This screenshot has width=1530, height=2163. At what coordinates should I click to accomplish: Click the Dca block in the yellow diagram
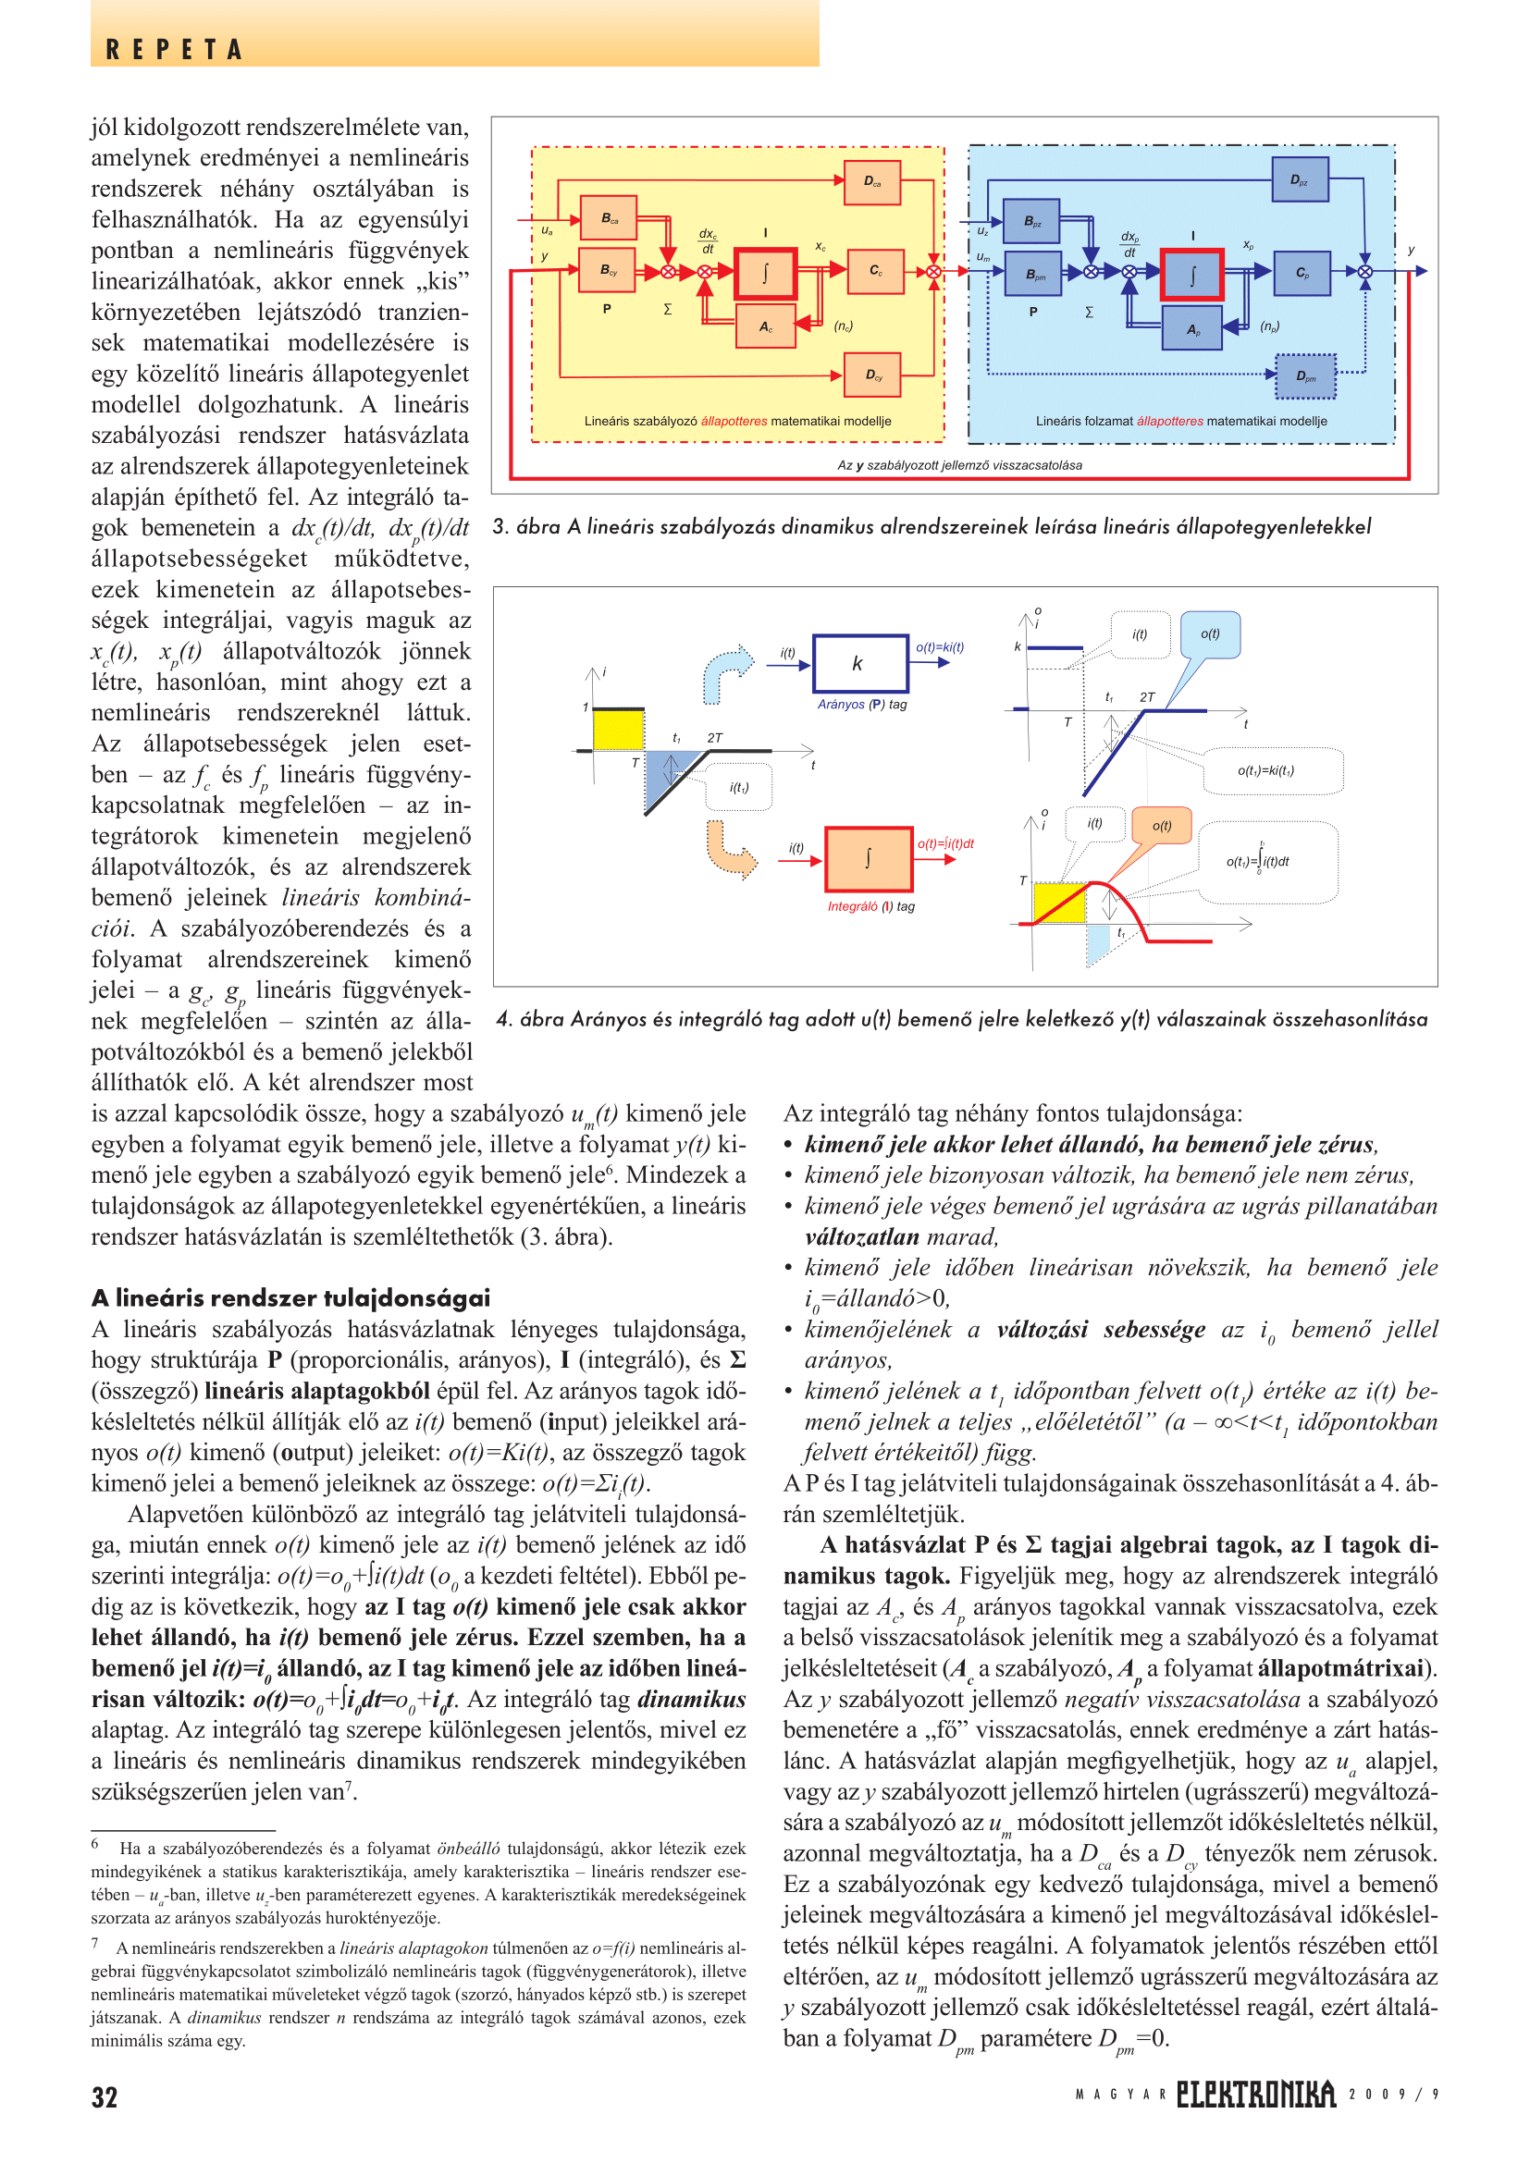pos(872,182)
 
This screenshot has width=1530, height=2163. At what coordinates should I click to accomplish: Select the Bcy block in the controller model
pos(609,271)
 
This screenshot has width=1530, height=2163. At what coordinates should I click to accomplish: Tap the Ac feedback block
pos(765,326)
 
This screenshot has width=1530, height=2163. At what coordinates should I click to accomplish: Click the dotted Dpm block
pos(1306,375)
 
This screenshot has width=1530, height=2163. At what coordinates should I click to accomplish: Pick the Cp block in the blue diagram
pos(1302,273)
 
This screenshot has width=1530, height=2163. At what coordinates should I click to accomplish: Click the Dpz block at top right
pos(1299,180)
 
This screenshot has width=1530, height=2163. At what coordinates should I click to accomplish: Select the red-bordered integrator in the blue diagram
pos(1191,275)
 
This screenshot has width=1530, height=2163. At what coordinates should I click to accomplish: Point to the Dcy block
pos(872,375)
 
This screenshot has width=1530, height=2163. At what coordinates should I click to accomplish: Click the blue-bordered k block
pos(859,663)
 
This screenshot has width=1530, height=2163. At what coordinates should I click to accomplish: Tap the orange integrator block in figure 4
pos(868,858)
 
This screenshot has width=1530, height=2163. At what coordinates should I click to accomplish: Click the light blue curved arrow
pos(726,671)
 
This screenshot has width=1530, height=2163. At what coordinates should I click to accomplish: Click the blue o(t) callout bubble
pos(1210,635)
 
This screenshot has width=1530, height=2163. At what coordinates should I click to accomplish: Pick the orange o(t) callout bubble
pos(1162,826)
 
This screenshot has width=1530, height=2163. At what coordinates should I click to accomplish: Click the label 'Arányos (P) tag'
pos(861,704)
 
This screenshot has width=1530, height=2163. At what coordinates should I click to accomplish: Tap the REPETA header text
pos(174,49)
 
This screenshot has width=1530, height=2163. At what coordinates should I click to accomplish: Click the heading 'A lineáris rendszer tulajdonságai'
pos(290,1297)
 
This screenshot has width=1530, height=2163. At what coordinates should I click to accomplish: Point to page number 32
pos(105,2096)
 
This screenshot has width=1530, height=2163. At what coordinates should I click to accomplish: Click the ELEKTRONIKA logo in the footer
pos(1255,2094)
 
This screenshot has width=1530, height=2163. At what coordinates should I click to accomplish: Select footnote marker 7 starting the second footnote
pos(95,1942)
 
